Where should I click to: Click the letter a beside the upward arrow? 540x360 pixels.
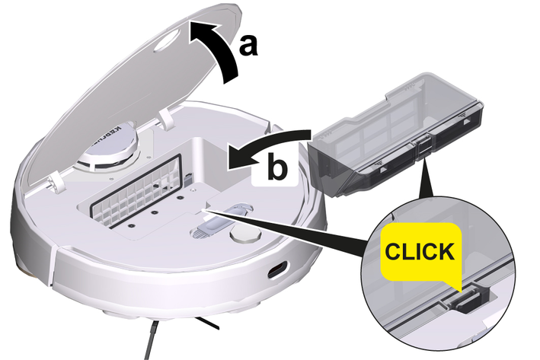[x=248, y=46]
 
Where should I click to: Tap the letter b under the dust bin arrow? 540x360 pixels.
[x=276, y=167]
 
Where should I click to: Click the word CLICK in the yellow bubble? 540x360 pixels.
[x=419, y=251]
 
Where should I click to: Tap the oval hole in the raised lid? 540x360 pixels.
[x=168, y=41]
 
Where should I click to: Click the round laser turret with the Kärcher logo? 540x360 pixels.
[x=108, y=148]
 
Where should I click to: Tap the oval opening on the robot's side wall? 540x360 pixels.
[x=277, y=270]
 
